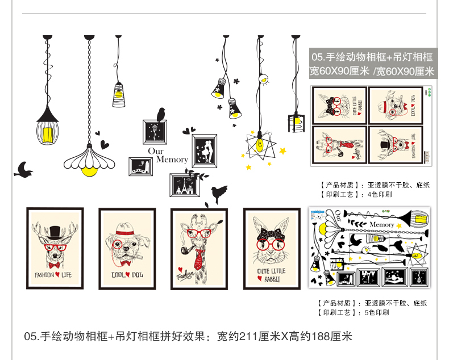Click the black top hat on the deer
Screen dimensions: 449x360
pos(55,231)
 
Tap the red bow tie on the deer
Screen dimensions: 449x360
pos(55,265)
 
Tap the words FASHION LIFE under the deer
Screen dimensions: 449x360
pos(55,275)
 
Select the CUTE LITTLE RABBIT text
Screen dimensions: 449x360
pos(272,274)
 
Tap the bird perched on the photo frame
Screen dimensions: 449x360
pos(161,114)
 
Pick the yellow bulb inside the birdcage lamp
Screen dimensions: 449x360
pos(48,135)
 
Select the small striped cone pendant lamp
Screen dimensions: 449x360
pos(118,95)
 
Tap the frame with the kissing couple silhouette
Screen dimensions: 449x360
pos(204,150)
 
